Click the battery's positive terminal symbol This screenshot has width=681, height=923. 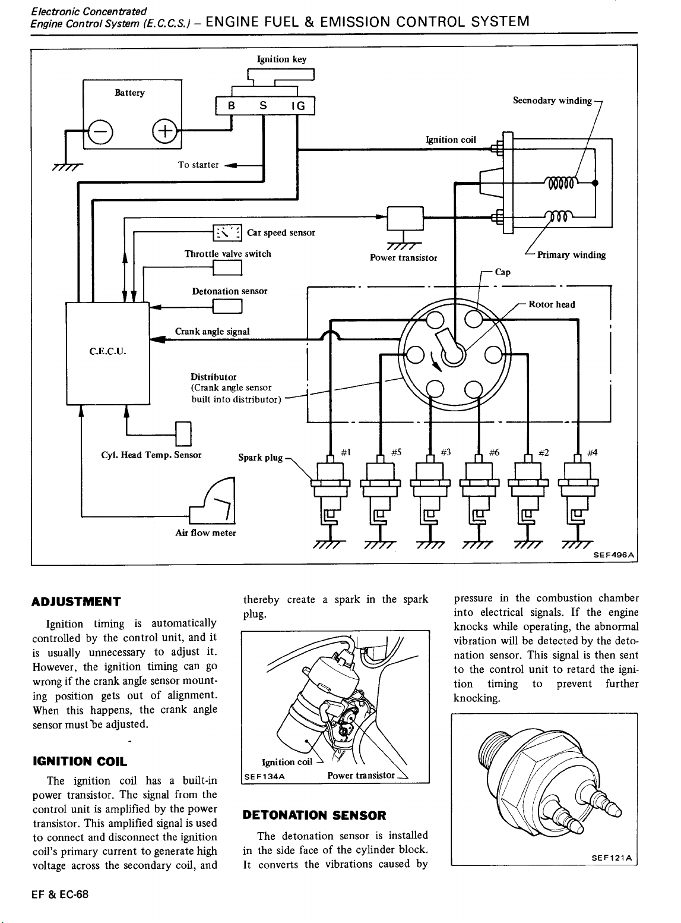point(165,131)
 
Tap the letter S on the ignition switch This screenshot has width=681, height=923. point(263,106)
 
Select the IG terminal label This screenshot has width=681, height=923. point(298,106)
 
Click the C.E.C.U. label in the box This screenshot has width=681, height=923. point(107,352)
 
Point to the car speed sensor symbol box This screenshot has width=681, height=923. point(227,232)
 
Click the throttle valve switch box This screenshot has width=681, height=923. point(227,267)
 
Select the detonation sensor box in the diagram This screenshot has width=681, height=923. point(227,307)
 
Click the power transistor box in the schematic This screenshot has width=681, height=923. point(406,218)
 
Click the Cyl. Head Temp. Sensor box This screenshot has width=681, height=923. point(184,434)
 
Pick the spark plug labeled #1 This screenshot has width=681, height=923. point(331,494)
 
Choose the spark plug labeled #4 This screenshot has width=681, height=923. point(578,494)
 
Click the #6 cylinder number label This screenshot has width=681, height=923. point(494,452)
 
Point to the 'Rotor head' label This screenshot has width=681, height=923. point(552,305)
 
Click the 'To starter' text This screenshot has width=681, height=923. point(198,165)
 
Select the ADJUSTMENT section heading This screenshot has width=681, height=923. point(76,601)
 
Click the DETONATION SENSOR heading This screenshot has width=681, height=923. point(314,815)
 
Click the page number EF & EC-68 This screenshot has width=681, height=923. point(60,894)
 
